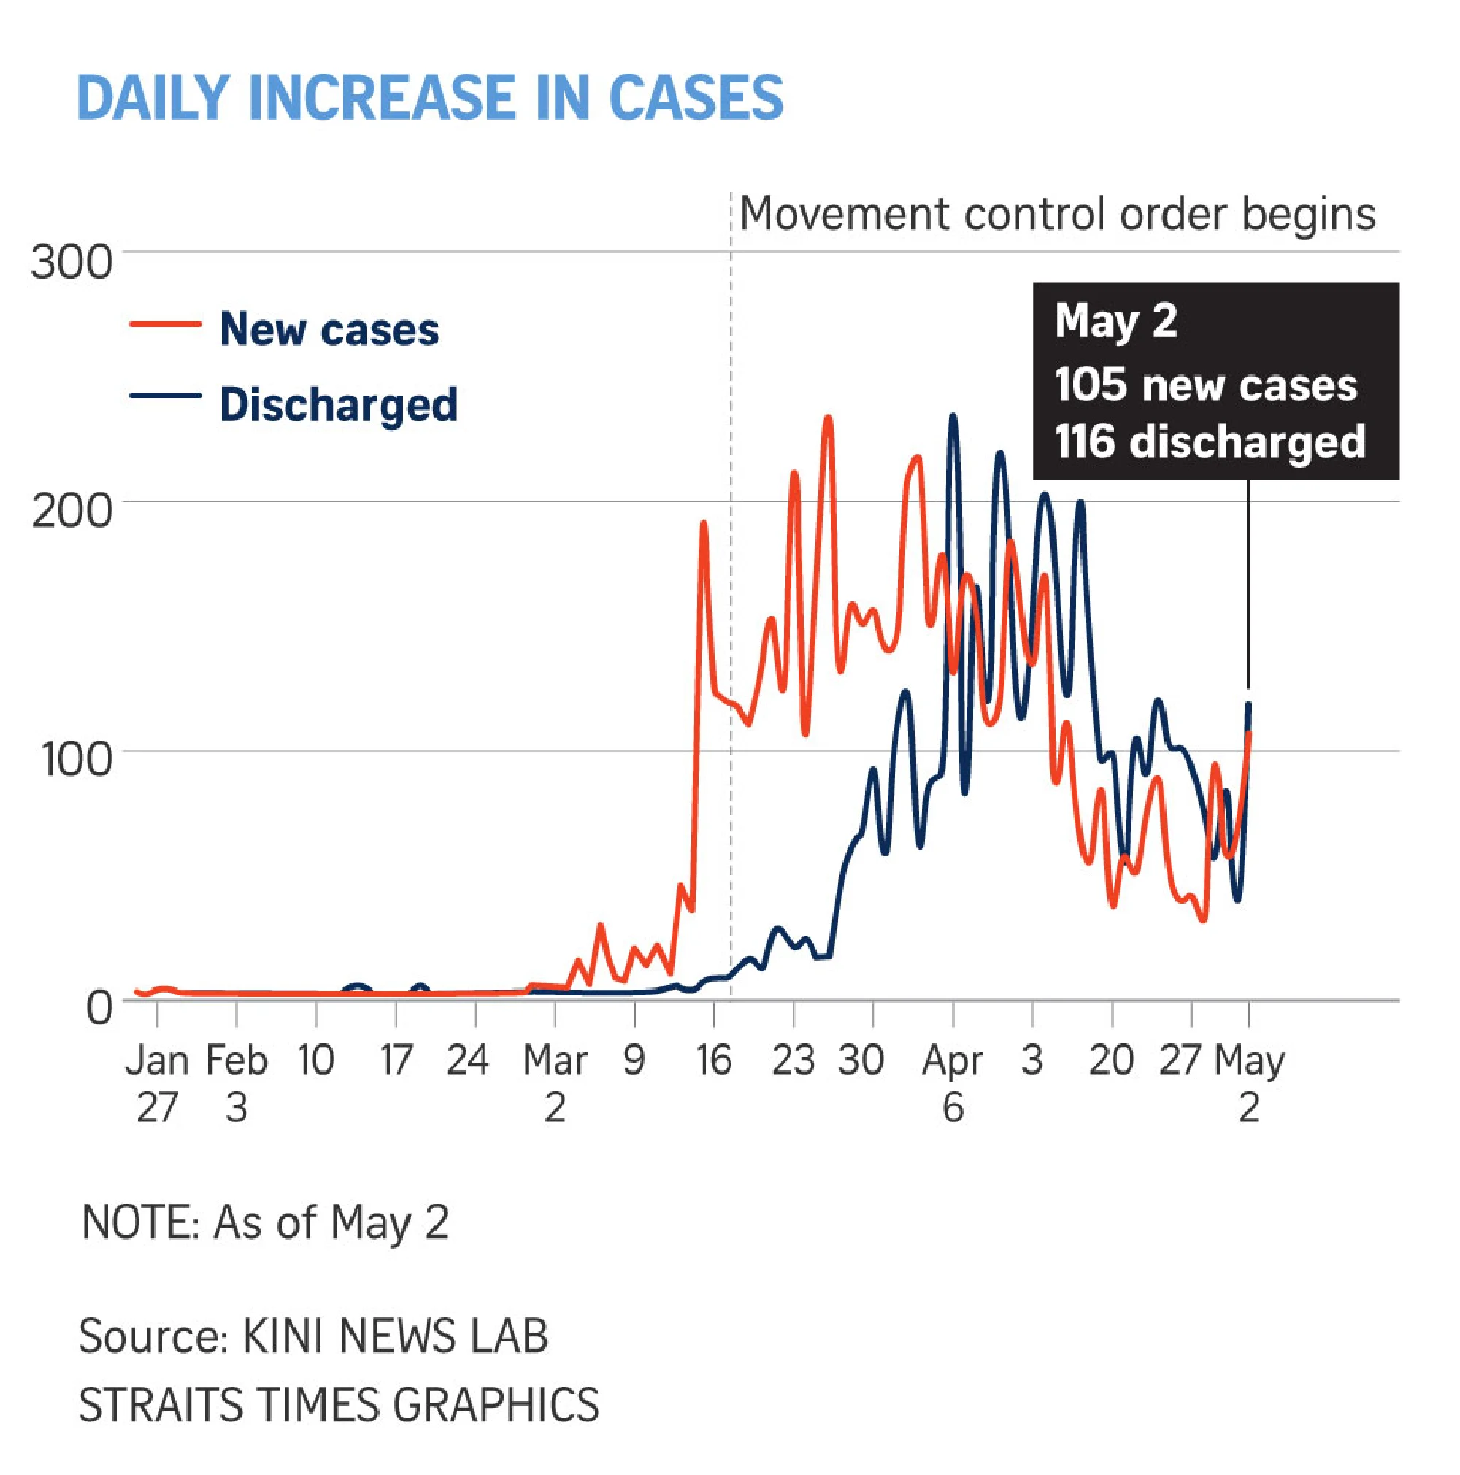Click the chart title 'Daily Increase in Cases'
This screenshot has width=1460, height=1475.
430,99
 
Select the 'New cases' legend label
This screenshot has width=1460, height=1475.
329,329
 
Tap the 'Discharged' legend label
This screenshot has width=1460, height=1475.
338,404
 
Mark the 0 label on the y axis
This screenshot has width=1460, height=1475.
99,1008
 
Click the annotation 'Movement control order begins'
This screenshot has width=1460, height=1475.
1057,214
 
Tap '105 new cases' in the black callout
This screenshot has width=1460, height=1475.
1206,385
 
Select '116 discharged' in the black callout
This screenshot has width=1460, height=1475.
1210,442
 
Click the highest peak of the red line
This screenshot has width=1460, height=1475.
828,418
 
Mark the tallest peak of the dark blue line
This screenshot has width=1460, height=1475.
953,417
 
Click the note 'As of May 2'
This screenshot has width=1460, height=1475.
264,1222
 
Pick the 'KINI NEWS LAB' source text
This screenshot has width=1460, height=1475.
395,1337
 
